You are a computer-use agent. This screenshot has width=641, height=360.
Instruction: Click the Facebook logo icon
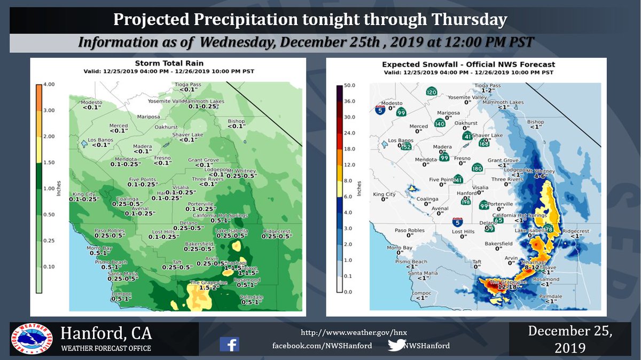click(229, 345)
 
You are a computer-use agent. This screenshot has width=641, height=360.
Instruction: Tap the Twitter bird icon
click(396, 345)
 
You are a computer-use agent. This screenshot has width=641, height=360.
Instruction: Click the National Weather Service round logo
click(33, 340)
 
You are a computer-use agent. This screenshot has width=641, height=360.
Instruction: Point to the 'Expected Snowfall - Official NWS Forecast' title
click(468, 64)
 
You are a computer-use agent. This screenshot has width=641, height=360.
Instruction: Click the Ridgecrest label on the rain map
click(277, 231)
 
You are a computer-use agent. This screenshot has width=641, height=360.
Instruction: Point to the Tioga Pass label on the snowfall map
click(488, 85)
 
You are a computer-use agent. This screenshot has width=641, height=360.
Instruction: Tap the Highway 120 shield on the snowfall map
click(431, 91)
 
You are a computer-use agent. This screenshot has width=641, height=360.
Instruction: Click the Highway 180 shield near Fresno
click(477, 168)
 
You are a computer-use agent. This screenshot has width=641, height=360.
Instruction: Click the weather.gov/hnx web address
click(354, 332)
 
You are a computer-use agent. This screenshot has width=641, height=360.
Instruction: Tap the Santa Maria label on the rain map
click(123, 273)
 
